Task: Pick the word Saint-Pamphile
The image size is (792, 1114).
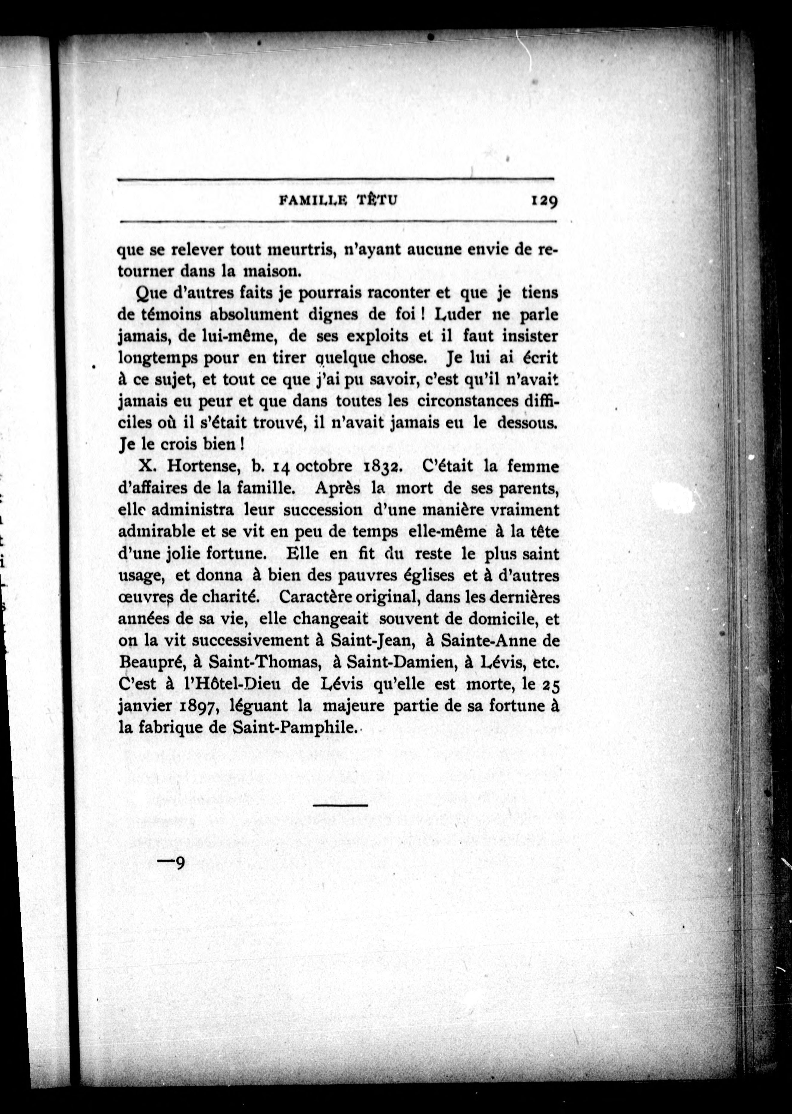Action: point(292,728)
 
